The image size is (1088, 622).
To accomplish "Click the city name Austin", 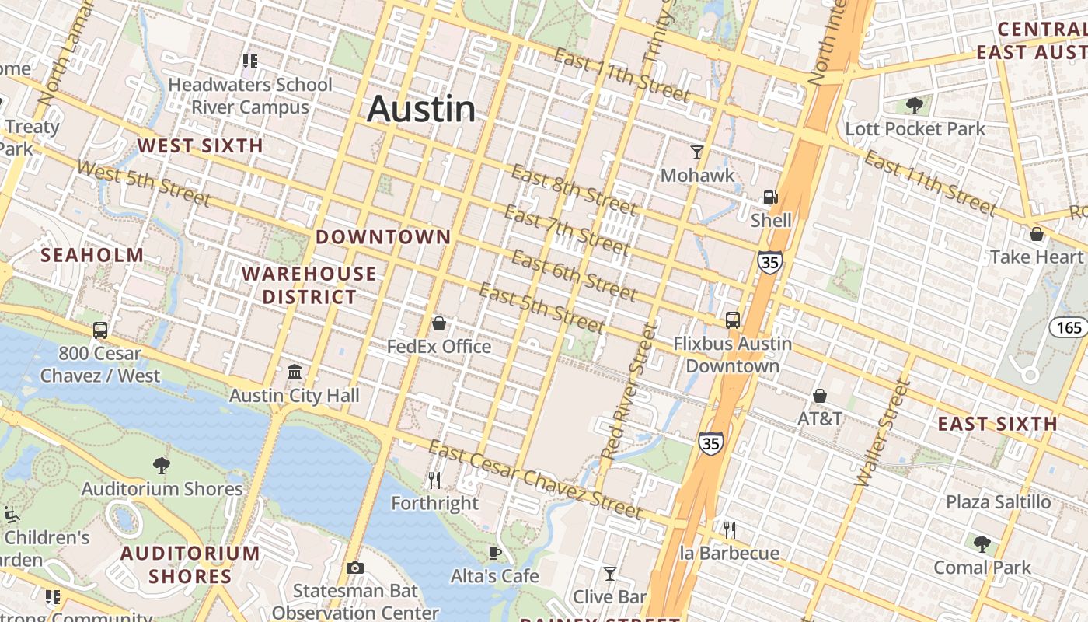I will (421, 108).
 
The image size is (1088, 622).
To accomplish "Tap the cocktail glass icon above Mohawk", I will (697, 152).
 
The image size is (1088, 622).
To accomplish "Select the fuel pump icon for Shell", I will (770, 197).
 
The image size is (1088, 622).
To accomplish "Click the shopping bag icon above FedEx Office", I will (439, 323).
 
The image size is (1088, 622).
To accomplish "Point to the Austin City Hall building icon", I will (295, 372).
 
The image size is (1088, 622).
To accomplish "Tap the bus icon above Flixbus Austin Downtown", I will (732, 320).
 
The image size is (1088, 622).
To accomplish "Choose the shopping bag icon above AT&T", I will (819, 396).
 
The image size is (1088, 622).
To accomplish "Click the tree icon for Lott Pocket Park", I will (915, 105).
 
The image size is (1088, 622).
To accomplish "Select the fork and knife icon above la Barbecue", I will (729, 530).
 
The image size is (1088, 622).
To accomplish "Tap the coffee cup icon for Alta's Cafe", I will (494, 553).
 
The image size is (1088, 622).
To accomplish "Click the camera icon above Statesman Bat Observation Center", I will (355, 568).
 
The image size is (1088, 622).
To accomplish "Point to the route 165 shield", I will (1069, 327).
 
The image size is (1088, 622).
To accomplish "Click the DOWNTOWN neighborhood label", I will (383, 237).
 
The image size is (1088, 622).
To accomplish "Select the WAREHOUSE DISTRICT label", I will (309, 285).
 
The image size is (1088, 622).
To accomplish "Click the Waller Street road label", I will (881, 433).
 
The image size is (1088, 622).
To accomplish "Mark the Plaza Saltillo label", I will (998, 502).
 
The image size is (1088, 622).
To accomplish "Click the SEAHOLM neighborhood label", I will (92, 255).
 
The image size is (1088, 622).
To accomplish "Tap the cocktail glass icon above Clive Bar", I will (610, 574).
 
